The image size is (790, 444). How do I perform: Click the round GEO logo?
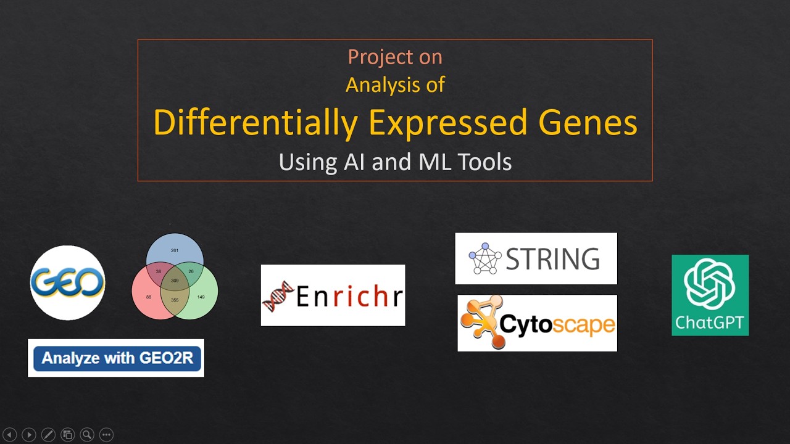tap(68, 283)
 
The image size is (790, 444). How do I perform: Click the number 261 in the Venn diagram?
tap(175, 250)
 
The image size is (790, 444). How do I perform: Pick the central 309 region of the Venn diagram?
tap(175, 281)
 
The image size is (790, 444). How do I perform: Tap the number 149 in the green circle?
tap(201, 297)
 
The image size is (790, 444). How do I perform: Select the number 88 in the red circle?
tap(149, 297)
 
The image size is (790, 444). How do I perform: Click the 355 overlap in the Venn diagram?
tap(175, 300)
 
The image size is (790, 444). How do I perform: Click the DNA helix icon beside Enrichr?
tap(277, 296)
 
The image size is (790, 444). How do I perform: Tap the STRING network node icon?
tap(485, 258)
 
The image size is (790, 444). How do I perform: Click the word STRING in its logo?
tap(552, 259)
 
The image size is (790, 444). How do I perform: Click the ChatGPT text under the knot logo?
tap(710, 322)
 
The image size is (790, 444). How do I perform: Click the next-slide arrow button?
tap(29, 435)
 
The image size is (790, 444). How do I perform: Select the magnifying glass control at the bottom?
tap(87, 435)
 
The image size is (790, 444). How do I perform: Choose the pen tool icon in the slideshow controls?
tap(48, 435)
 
